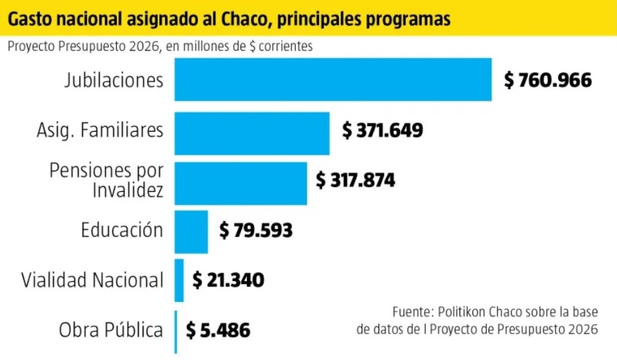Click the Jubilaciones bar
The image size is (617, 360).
tap(332, 80)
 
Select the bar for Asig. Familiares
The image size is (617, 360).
tap(252, 133)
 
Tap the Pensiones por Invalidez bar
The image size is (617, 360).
tap(241, 183)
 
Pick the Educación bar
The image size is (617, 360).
tap(191, 232)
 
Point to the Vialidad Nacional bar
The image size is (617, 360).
tap(179, 280)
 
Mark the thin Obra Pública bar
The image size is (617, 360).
tap(176, 331)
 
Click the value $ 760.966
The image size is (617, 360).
tap(547, 80)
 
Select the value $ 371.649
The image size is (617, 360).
tap(382, 130)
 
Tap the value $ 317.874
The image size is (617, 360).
tap(355, 180)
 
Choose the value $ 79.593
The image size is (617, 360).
tap(255, 230)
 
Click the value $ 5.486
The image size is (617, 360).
tap(218, 331)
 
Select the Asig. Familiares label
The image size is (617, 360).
tap(99, 130)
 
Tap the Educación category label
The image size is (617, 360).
tap(122, 230)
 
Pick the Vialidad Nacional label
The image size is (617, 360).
tap(92, 280)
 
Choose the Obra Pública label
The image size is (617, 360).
tap(111, 331)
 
